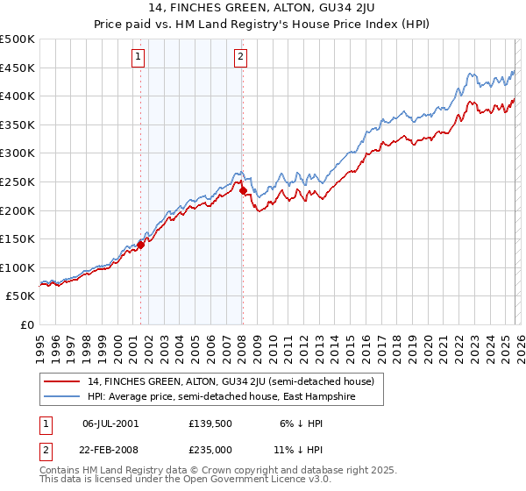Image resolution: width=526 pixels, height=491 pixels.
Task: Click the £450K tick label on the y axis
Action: [18, 68]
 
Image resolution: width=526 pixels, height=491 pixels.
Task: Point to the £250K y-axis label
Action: [18, 181]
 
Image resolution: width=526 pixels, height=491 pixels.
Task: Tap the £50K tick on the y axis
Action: [21, 296]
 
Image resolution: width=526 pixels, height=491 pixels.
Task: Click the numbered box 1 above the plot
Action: [139, 58]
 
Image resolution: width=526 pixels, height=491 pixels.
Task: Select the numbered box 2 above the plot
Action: [240, 58]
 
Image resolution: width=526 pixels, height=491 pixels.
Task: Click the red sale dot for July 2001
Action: [140, 245]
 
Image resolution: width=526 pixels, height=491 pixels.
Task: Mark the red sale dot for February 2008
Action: [243, 190]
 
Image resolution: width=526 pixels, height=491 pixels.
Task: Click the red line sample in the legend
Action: [63, 381]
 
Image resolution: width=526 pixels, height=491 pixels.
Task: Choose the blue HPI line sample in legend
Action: [63, 397]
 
